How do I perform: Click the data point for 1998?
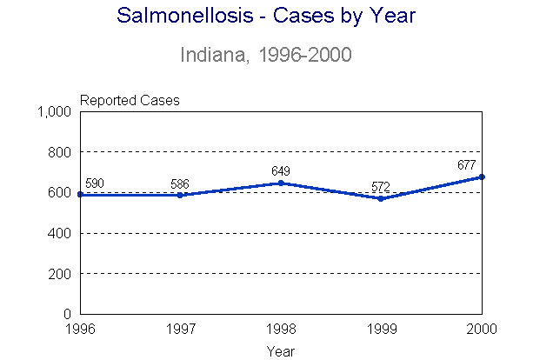281,183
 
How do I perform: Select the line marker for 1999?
381,198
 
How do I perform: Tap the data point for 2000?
481,177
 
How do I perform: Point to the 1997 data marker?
180,195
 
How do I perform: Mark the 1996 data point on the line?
80,194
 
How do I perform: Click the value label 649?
281,170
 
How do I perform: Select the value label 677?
468,164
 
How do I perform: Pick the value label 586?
180,183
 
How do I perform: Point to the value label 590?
94,183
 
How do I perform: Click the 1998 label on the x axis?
281,330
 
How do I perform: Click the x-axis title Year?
280,350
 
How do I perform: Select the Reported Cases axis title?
130,100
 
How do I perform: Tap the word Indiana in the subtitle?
210,55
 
